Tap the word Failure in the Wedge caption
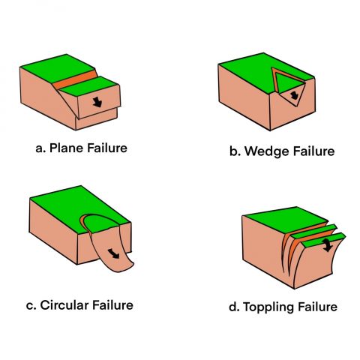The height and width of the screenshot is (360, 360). (x=310, y=151)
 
